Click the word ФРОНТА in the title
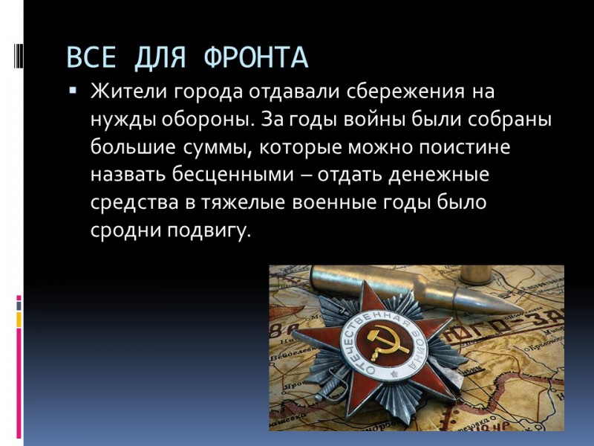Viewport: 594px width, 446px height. (x=256, y=58)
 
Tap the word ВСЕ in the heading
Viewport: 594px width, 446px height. (x=91, y=58)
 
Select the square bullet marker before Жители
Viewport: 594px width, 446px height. (x=73, y=91)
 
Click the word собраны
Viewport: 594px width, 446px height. (x=509, y=120)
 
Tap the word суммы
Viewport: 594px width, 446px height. (x=218, y=148)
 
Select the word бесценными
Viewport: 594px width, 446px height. (x=233, y=175)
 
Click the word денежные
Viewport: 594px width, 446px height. (x=439, y=175)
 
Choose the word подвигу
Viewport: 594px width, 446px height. (x=209, y=230)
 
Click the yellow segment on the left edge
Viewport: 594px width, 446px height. (x=19, y=320)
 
